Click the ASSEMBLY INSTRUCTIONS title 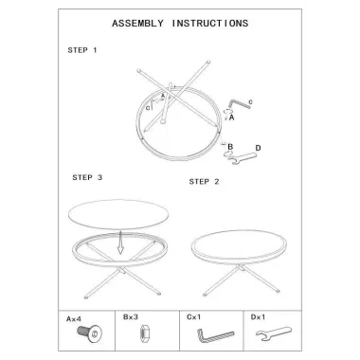click(x=180, y=24)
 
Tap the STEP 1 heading click(x=82, y=50)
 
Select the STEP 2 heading click(x=204, y=182)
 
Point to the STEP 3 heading click(x=87, y=177)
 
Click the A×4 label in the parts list click(x=74, y=319)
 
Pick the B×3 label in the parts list click(x=131, y=316)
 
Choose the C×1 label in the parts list click(x=193, y=316)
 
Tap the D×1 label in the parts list click(x=258, y=316)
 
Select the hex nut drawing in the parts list click(x=142, y=333)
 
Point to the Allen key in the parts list click(x=215, y=336)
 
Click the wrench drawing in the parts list click(x=274, y=334)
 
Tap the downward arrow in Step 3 click(x=120, y=243)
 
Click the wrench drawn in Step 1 click(x=243, y=158)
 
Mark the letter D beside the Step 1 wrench click(x=258, y=148)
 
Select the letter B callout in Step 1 click(x=230, y=147)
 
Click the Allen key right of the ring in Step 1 click(x=239, y=104)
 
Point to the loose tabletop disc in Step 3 click(x=118, y=214)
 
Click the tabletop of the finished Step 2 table click(x=239, y=244)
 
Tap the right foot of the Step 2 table click(x=278, y=291)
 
